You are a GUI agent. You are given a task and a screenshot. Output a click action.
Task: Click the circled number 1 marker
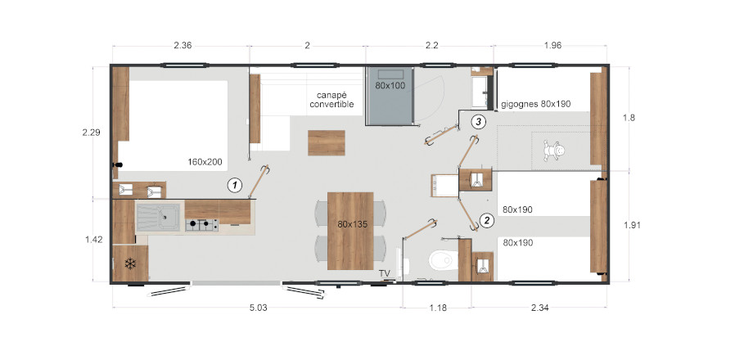pos(234,185)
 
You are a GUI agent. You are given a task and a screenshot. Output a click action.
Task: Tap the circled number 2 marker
pos(487,221)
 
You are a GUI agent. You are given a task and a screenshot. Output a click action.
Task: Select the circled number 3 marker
pos(478,122)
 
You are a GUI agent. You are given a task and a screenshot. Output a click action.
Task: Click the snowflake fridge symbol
pos(130,263)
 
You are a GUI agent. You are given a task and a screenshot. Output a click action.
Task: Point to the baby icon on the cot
pos(554,151)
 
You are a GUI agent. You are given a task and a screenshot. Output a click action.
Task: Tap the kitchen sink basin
pos(159,218)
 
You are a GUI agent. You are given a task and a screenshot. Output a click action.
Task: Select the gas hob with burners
pos(201,225)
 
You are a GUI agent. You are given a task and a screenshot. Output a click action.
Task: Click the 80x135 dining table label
pos(350,223)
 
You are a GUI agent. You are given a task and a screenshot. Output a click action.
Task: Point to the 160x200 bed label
pos(205,162)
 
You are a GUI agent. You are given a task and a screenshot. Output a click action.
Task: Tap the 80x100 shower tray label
pos(390,85)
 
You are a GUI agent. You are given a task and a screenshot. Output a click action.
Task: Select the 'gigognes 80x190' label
pos(535,104)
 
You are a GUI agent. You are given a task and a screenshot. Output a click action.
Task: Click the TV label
pos(384,273)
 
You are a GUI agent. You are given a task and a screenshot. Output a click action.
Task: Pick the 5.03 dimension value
pos(258,308)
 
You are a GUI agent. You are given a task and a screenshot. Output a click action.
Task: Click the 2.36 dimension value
pos(183,46)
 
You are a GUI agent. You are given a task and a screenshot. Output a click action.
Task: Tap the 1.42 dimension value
pos(93,240)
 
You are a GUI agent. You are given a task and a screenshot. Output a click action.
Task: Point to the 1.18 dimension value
pos(438,308)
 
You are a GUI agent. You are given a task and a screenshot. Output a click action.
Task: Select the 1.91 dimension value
pos(633,224)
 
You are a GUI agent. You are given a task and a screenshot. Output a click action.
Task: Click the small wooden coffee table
pos(327,142)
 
